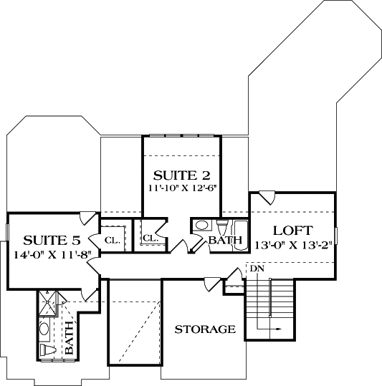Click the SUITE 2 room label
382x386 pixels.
point(182,175)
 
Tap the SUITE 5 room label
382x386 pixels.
point(52,241)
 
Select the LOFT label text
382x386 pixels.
point(293,231)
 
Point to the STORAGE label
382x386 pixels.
point(205,329)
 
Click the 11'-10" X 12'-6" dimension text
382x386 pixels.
point(182,188)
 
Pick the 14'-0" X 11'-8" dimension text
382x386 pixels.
point(53,254)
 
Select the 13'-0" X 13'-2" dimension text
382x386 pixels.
point(294,245)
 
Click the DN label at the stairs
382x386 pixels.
point(257,269)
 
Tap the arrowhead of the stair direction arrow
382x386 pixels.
point(279,329)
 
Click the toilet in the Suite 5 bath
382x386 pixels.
point(48,349)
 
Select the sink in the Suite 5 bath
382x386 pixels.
point(44,329)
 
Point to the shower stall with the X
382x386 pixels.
point(47,303)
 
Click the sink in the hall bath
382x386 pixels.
point(201,226)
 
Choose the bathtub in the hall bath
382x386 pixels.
point(241,236)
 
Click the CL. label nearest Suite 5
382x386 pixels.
point(113,241)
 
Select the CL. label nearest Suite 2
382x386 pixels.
point(151,238)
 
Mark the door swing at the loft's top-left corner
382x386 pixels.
point(267,198)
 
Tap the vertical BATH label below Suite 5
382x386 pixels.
point(70,338)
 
